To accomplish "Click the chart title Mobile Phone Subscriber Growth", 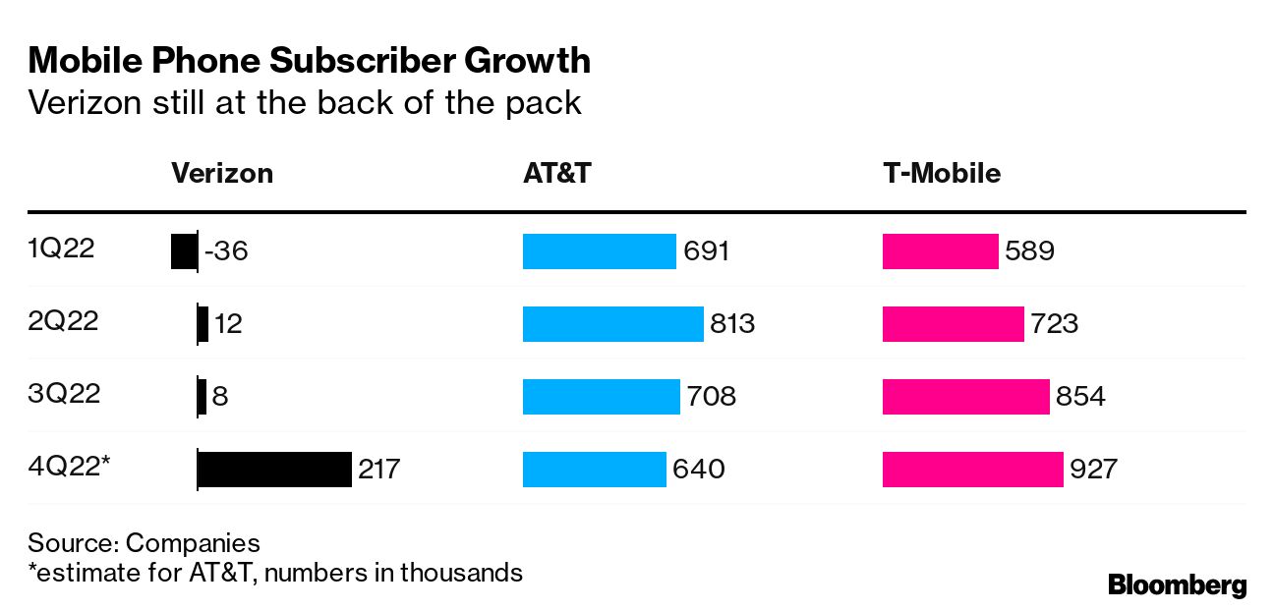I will [310, 62].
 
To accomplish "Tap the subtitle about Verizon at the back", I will [305, 102].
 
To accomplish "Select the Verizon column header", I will [222, 174].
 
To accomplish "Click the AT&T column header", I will [556, 174].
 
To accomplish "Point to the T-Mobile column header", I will [941, 174].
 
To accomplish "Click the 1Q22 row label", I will [61, 250].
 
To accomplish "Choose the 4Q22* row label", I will [68, 467].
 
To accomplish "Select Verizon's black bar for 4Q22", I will [274, 469].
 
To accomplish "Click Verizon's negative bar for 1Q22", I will [184, 250].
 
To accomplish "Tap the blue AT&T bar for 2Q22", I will [612, 323].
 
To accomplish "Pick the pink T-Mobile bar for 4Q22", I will [972, 469].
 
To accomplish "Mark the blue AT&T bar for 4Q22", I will [594, 469].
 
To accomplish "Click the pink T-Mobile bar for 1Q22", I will [940, 250].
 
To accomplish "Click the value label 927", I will [1093, 469].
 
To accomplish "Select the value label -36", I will [226, 251].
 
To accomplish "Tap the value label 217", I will [379, 469].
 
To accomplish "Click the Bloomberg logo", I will [1177, 585].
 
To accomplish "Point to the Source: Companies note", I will [144, 543].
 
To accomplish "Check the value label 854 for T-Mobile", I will [1080, 396].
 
